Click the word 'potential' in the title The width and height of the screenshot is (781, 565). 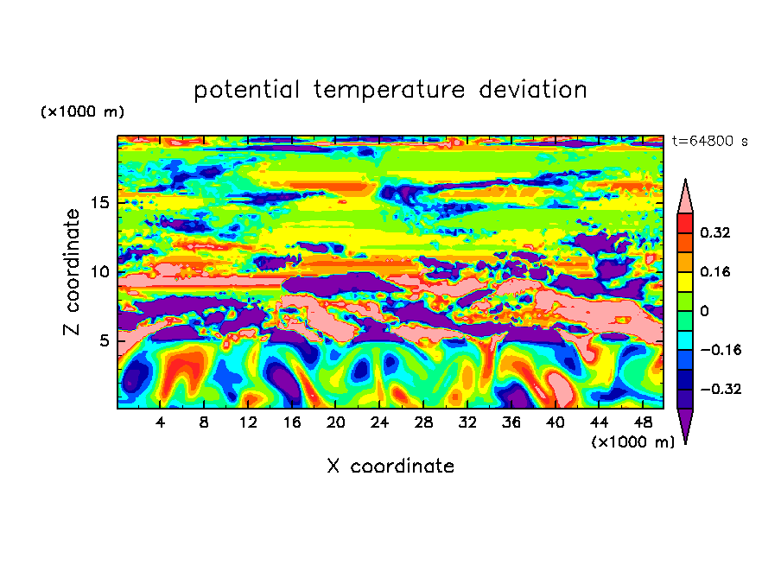246,90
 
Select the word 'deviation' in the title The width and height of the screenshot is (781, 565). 533,90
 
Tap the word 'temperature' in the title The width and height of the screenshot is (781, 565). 390,91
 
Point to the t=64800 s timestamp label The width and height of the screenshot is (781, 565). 710,142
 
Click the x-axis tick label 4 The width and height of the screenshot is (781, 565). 160,422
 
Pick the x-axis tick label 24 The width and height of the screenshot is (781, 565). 379,422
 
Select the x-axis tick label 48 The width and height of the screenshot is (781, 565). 643,422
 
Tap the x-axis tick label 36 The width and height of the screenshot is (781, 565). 511,422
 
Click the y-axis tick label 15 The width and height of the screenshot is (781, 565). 100,203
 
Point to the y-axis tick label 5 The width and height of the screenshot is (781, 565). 105,340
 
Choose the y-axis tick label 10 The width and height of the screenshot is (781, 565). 100,271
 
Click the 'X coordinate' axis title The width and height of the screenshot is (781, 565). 390,467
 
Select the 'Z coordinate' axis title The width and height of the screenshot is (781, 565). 71,272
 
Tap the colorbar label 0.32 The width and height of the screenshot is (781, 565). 714,232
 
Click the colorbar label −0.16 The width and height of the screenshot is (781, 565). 721,350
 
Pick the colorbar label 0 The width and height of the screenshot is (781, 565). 704,311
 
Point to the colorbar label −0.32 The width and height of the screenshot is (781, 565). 721,389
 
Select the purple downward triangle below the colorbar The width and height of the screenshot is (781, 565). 685,424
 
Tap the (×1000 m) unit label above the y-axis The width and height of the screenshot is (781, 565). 82,111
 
